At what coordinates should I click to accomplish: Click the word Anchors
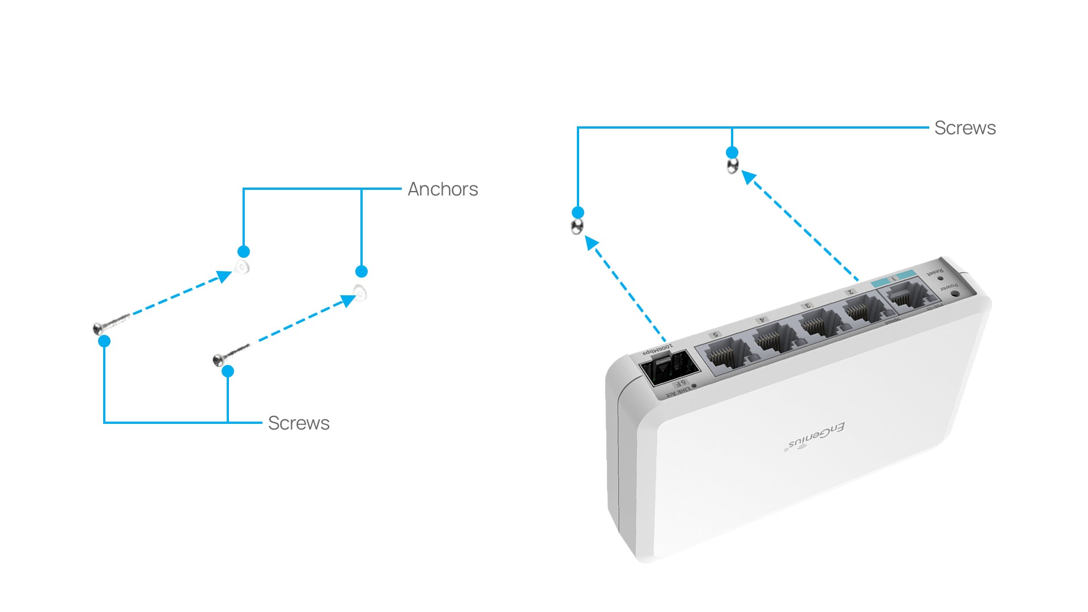[443, 189]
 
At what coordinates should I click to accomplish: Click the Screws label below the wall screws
[298, 423]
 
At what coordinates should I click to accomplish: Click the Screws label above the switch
[964, 128]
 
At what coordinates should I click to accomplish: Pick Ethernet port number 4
[774, 338]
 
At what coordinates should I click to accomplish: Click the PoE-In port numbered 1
[908, 295]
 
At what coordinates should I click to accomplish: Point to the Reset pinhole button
[941, 278]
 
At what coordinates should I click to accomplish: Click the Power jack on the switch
[955, 294]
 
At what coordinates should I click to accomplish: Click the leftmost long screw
[111, 324]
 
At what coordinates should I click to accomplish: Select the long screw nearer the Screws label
[230, 354]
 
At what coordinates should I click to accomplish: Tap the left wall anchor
[243, 267]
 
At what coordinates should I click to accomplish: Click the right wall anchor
[360, 293]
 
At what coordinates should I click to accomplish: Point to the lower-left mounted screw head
[577, 227]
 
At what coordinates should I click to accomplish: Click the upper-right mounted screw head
[732, 166]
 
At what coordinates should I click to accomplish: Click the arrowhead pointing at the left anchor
[224, 277]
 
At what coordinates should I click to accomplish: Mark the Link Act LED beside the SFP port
[694, 386]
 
